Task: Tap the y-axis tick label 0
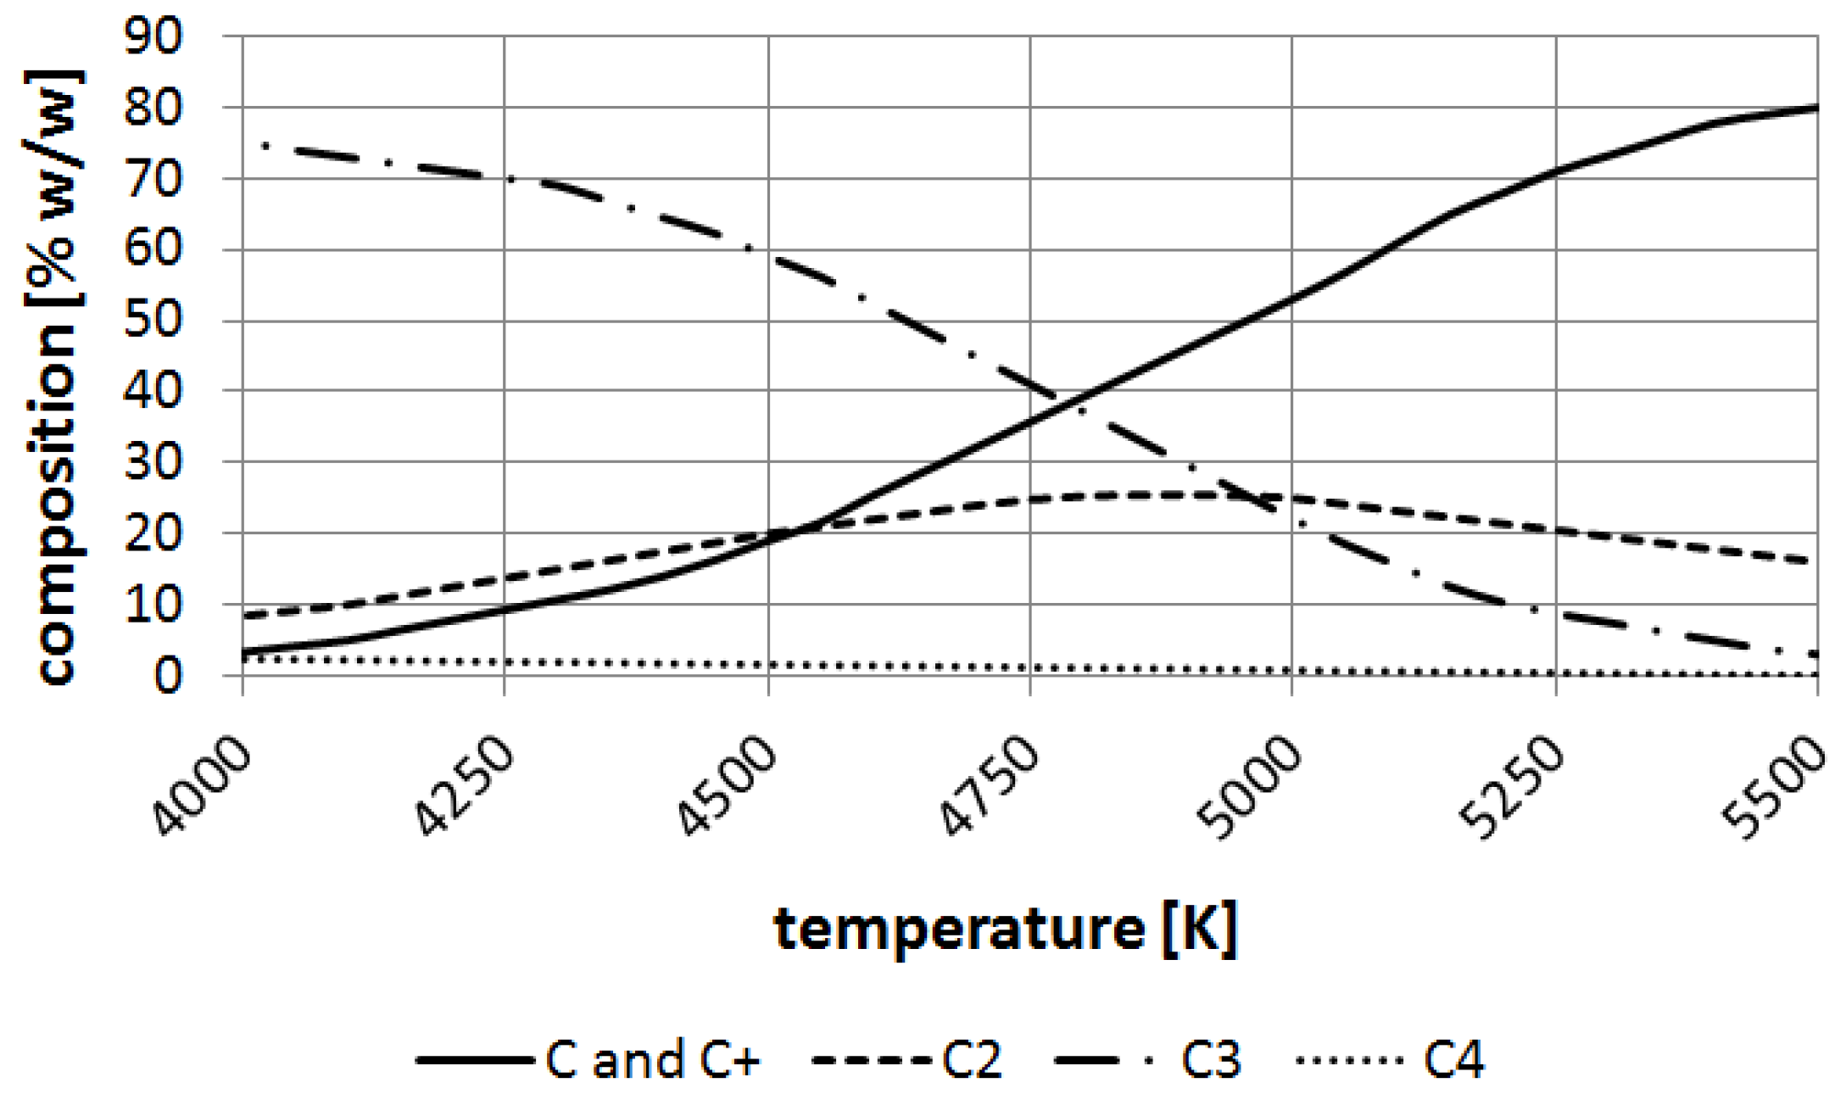point(167,676)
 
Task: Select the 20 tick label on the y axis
point(153,533)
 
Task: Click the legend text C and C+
point(653,1059)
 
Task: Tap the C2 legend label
point(972,1059)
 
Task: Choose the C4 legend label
point(1453,1059)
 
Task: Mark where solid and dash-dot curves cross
point(1070,402)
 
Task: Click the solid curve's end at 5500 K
point(1816,108)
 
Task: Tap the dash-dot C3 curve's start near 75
point(265,146)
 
